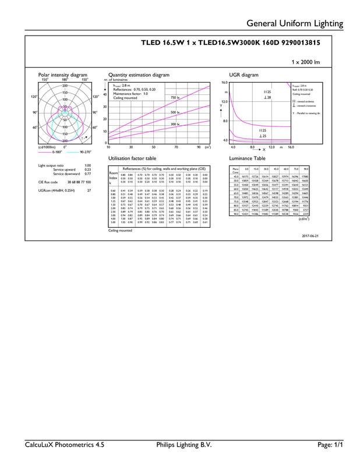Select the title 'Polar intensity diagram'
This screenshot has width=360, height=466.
coord(62,75)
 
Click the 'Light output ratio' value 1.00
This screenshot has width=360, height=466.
coord(87,165)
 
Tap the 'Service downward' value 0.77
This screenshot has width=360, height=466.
coord(87,174)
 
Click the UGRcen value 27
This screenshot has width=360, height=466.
coord(89,190)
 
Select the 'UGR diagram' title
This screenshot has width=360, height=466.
coord(241,75)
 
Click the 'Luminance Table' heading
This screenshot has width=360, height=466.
coord(246,158)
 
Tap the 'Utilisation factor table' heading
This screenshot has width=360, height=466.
coord(132,158)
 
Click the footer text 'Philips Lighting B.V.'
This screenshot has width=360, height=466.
coord(183,444)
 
